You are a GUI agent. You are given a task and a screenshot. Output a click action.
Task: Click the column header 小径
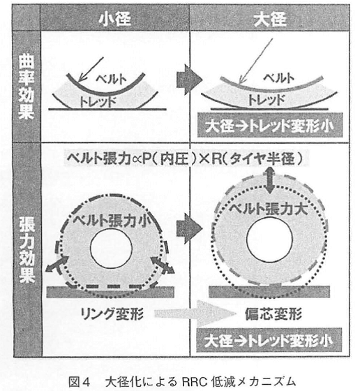click(115, 19)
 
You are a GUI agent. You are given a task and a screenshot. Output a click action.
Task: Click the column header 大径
click(270, 19)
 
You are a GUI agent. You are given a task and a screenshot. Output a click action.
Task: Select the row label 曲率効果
click(26, 87)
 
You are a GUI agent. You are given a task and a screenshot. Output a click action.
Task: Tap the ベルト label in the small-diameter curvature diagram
click(112, 79)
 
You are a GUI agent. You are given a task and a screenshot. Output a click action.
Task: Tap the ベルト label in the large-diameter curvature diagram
click(279, 78)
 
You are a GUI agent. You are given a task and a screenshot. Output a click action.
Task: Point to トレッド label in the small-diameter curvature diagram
click(98, 101)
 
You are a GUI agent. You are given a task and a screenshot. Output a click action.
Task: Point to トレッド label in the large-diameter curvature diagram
click(267, 100)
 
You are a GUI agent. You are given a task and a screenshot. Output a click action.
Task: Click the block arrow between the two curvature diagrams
click(189, 80)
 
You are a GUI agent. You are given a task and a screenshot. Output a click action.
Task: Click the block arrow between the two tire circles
click(189, 228)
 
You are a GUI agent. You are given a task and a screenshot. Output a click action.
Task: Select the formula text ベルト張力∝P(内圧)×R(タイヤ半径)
click(185, 158)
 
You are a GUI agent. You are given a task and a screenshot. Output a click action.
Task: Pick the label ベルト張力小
click(112, 221)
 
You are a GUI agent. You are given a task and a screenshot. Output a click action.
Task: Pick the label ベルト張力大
click(269, 209)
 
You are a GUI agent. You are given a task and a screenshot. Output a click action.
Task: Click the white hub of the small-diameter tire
click(111, 249)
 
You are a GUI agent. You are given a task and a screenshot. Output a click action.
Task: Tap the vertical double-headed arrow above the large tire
click(270, 180)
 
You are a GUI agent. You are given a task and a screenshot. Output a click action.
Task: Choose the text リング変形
click(112, 313)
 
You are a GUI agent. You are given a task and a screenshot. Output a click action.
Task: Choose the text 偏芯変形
click(273, 313)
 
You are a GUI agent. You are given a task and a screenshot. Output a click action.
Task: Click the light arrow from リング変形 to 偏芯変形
click(195, 313)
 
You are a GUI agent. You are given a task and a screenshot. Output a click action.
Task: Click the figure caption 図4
click(79, 382)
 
